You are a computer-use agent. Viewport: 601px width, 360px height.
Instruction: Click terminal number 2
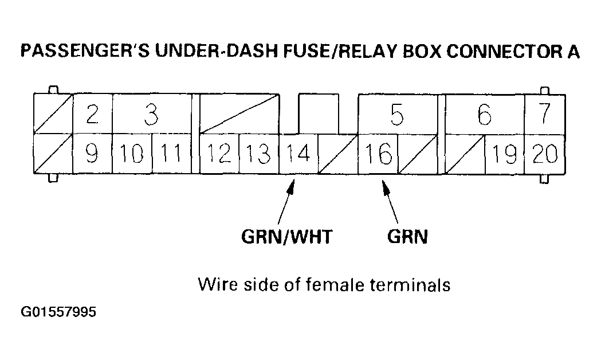point(92,115)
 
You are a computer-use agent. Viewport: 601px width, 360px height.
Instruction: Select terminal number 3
point(151,115)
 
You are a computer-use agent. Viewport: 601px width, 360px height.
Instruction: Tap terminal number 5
point(396,115)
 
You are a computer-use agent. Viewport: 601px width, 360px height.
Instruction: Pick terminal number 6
point(484,115)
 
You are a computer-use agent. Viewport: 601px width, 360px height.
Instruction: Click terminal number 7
point(544,114)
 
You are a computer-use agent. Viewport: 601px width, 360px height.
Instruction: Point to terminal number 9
point(92,154)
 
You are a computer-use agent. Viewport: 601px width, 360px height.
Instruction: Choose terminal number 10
point(132,154)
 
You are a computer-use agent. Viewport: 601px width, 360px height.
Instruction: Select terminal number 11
point(171,154)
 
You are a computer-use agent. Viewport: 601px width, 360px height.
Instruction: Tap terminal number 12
point(218,154)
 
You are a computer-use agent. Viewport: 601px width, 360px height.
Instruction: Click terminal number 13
point(258,154)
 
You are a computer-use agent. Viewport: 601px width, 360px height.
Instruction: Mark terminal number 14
point(298,154)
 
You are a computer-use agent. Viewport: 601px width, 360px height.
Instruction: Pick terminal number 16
point(378,154)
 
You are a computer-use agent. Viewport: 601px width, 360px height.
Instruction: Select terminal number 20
point(544,154)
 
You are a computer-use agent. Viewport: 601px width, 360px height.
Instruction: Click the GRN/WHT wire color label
point(286,237)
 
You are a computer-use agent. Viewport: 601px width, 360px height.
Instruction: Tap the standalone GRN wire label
point(407,237)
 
